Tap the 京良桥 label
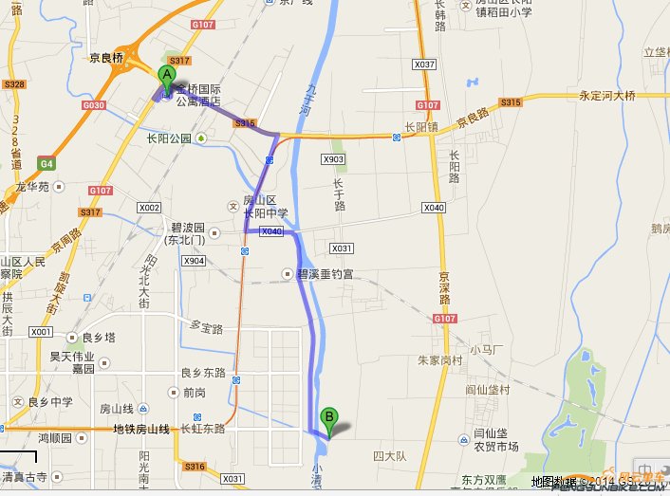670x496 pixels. point(106,57)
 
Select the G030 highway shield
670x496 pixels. point(94,105)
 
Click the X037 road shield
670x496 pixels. point(424,64)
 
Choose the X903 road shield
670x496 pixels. point(333,158)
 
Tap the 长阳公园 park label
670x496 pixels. point(169,138)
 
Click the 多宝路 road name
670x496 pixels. point(206,327)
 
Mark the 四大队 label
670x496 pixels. point(389,456)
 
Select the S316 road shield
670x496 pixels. point(195,466)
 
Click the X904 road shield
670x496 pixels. point(194,261)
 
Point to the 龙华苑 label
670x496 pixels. point(33,187)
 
